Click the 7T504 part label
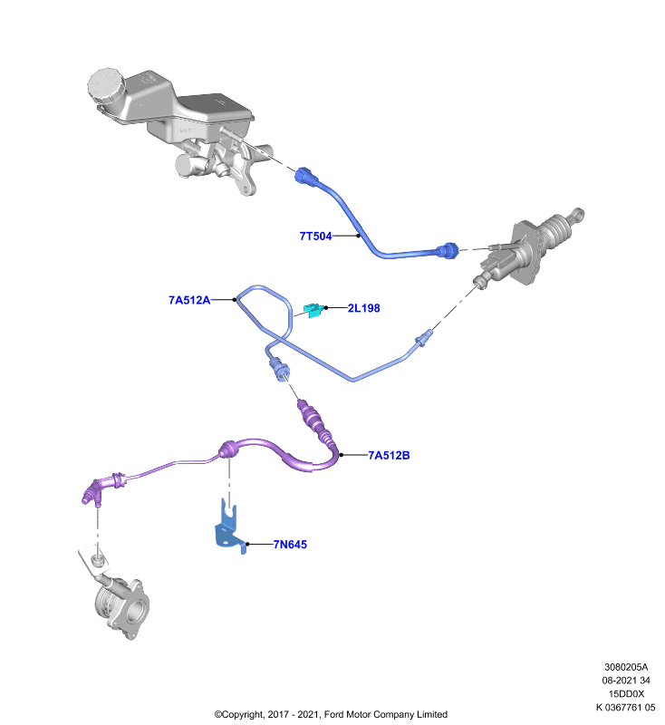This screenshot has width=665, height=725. (x=315, y=237)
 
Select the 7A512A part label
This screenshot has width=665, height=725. (x=189, y=300)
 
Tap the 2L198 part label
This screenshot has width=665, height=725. (x=363, y=308)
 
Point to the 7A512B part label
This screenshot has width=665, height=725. (x=389, y=456)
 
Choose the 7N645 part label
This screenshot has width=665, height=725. (x=290, y=545)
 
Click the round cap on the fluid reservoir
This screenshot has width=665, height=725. (x=106, y=86)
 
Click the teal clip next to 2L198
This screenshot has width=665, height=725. (x=313, y=310)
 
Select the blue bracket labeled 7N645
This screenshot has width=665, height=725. (x=230, y=527)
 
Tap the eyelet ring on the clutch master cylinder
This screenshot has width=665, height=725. (x=578, y=214)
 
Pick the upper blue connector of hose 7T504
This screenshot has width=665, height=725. (x=305, y=177)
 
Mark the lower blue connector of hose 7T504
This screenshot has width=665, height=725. (x=448, y=250)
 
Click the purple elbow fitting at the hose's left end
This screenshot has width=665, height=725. (x=93, y=492)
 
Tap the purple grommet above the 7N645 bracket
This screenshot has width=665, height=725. (x=226, y=449)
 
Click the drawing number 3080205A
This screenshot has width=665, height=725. (x=626, y=667)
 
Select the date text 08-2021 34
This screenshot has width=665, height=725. (x=626, y=681)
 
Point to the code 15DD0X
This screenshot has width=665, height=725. (x=626, y=694)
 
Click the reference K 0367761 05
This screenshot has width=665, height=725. (x=625, y=708)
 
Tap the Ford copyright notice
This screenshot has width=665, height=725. (x=331, y=715)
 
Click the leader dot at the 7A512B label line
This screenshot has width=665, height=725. (x=342, y=455)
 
